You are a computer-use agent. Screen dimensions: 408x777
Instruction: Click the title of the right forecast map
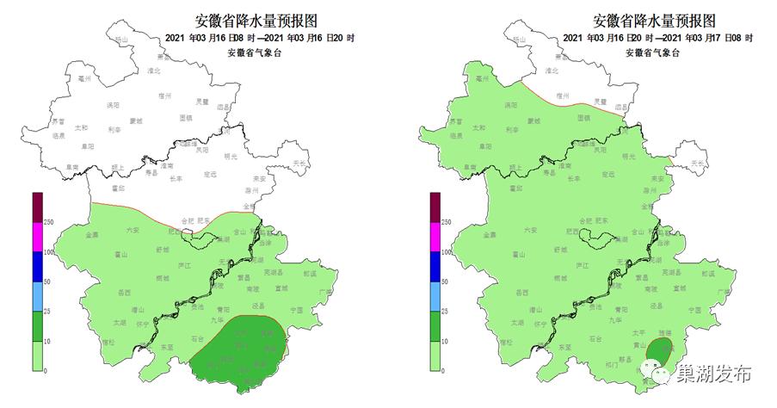tap(653, 20)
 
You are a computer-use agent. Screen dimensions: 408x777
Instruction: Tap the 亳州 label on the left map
tap(84, 77)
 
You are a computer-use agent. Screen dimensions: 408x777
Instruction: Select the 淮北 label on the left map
tap(154, 70)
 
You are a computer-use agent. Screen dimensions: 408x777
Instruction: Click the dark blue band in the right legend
tap(435, 266)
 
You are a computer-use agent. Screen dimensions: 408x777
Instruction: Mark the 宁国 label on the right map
tap(694, 309)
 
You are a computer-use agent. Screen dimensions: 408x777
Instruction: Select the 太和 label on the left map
tap(82, 128)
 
